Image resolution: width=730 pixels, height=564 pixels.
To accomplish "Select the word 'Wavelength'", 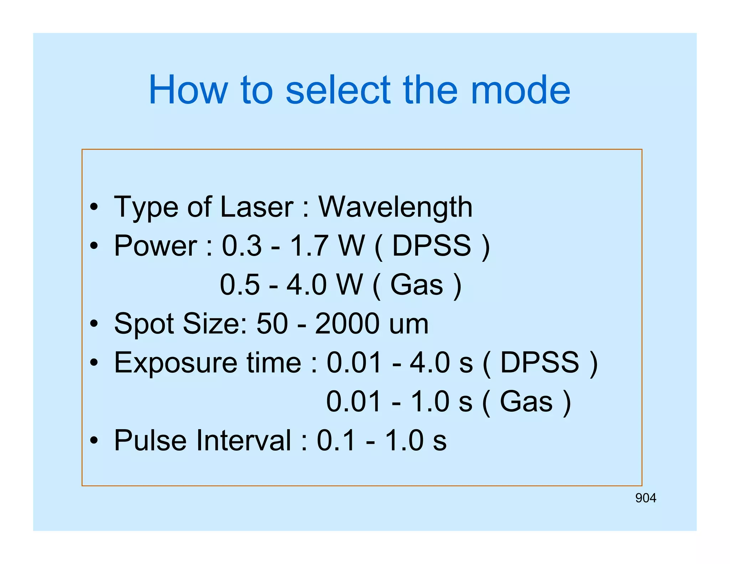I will click(x=395, y=207).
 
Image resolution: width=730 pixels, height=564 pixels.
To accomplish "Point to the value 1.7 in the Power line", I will click(x=309, y=246).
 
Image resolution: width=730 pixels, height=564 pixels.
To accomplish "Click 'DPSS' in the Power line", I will click(x=432, y=246).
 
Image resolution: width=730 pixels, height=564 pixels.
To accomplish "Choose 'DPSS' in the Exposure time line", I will click(x=540, y=363).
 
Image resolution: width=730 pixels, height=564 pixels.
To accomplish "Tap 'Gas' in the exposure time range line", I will click(x=526, y=402).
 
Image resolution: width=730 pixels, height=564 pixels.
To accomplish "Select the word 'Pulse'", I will click(x=150, y=441).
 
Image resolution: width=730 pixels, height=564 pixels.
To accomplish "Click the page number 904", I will click(x=646, y=498).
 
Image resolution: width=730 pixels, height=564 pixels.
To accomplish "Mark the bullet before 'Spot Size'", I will click(x=94, y=324).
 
